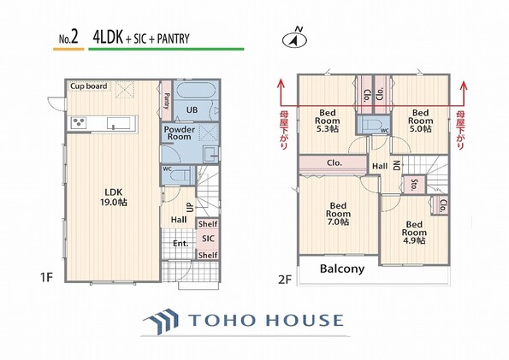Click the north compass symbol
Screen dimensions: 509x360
(295, 38)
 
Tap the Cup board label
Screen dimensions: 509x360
(89, 86)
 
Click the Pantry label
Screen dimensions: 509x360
(167, 101)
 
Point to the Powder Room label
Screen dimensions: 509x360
(179, 133)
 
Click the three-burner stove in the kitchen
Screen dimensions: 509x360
(79, 123)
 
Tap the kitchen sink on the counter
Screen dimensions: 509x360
(119, 123)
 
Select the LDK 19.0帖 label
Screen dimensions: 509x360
(114, 198)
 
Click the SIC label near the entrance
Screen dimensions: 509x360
(208, 239)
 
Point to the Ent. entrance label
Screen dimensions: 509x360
(181, 244)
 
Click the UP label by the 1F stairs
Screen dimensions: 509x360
(191, 208)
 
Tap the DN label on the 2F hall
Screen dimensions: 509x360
(397, 166)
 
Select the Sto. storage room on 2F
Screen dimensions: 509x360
(413, 185)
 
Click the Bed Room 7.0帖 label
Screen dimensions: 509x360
(338, 214)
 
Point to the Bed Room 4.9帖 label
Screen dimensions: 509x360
(414, 233)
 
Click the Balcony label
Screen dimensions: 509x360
(342, 269)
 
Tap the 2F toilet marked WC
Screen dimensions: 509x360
(372, 125)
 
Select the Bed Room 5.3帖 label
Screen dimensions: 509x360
(327, 121)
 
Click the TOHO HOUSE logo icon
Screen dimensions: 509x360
(162, 321)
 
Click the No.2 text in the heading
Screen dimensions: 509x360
(68, 38)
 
